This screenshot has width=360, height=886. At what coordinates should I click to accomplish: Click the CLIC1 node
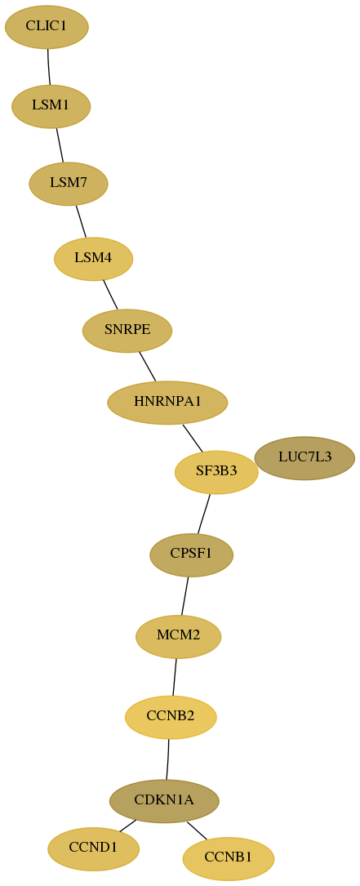tap(47, 27)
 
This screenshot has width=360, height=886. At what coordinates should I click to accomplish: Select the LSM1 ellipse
tap(51, 106)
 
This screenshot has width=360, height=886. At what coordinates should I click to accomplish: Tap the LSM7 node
tap(69, 184)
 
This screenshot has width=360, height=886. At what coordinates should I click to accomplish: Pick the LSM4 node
tap(93, 259)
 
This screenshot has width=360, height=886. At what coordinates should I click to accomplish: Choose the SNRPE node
tap(127, 331)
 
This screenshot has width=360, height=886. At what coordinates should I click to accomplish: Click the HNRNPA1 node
tap(167, 403)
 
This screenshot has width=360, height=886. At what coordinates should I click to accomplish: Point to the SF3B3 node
tap(216, 472)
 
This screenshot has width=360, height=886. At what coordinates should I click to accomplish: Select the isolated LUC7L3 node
tap(304, 457)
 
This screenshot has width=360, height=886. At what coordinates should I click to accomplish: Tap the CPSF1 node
tap(191, 555)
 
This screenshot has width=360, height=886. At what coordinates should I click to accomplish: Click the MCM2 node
tap(178, 636)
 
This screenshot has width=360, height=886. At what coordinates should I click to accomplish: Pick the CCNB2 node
tap(171, 717)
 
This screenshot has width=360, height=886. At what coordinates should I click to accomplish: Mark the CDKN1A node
tap(164, 801)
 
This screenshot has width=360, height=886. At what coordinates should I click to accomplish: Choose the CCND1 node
tap(93, 848)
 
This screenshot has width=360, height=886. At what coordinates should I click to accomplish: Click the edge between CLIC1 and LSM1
tap(49, 67)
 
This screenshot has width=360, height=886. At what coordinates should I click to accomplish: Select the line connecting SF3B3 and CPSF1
tap(203, 514)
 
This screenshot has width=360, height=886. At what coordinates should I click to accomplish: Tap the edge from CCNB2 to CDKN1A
tap(168, 759)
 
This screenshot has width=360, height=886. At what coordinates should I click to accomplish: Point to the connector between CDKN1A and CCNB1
tap(197, 830)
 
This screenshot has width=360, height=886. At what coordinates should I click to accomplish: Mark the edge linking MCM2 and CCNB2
tap(175, 677)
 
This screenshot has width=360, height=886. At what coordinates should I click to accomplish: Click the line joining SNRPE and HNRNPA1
tap(147, 366)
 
